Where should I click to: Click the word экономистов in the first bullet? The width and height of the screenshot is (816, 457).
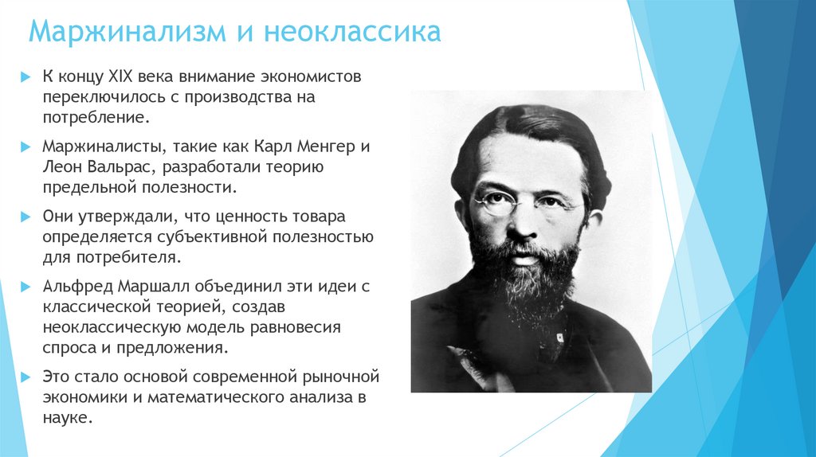coord(315,77)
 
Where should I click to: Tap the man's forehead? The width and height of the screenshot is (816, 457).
coord(526,159)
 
